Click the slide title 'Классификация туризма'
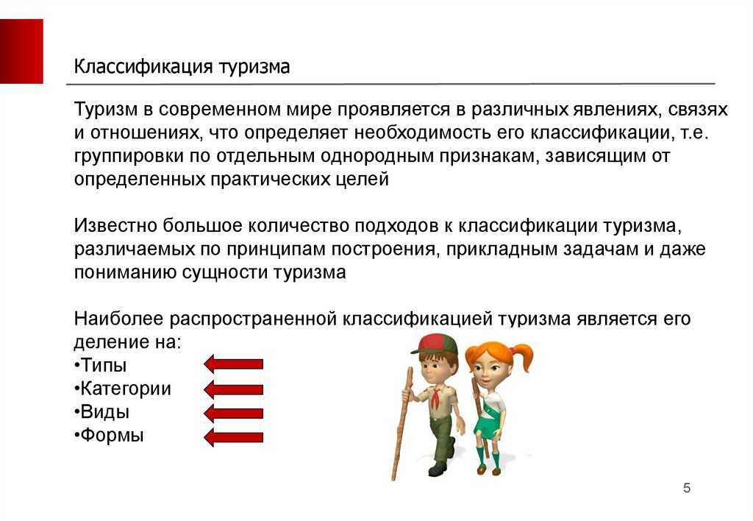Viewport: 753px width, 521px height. click(182, 67)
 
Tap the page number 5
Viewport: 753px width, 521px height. click(687, 489)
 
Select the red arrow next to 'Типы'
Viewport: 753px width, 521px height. click(233, 364)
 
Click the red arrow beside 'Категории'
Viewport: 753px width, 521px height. click(233, 389)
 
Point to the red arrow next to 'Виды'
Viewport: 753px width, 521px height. click(233, 413)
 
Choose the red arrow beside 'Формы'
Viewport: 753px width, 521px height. click(233, 437)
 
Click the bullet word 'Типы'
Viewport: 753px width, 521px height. click(103, 365)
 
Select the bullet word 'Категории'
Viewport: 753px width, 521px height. click(125, 389)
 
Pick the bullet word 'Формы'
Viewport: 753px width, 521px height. click(112, 435)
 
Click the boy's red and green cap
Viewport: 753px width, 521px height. click(434, 344)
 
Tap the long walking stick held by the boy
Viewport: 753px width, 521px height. click(402, 423)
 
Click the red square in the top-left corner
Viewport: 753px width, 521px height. click(21, 52)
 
